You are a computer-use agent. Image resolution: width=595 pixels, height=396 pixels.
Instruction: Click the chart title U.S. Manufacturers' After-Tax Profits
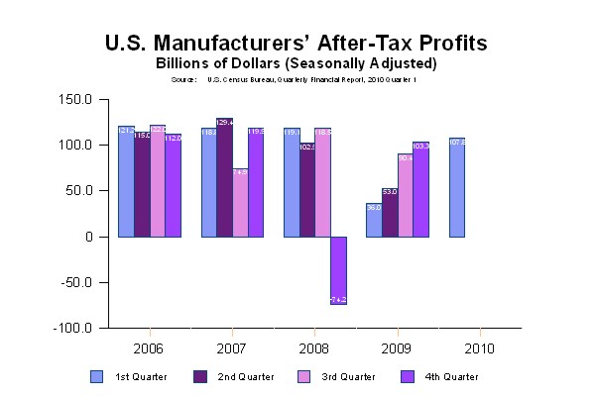coord(296,45)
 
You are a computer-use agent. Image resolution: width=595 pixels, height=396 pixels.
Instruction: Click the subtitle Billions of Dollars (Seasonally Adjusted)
coord(297,64)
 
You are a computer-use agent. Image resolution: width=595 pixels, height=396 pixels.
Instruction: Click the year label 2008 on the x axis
coord(315,348)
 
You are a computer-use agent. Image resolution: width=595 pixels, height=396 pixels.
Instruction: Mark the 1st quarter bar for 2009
coord(374,220)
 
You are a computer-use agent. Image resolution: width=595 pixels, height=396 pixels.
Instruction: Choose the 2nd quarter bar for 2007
coord(224,178)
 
